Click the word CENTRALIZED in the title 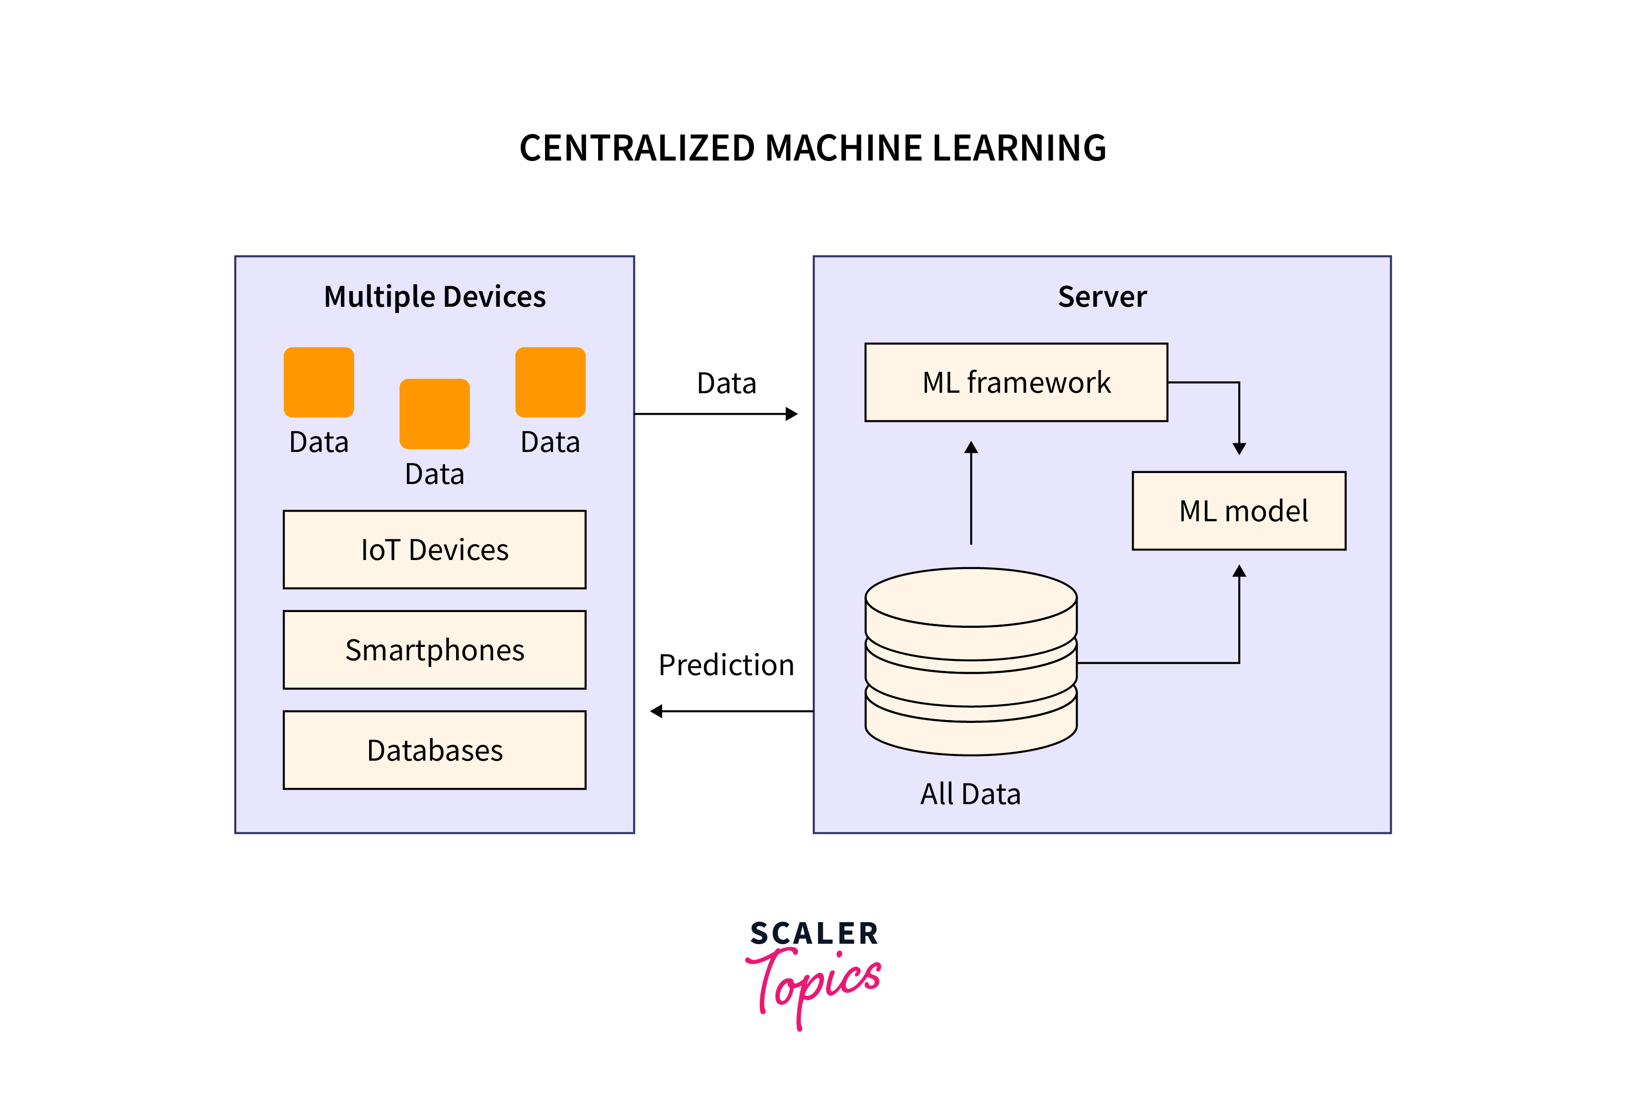click(x=637, y=149)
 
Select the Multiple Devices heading click(x=434, y=297)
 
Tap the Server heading click(x=1102, y=297)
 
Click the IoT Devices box click(x=434, y=549)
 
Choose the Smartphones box click(x=434, y=650)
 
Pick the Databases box click(x=434, y=750)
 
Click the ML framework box click(x=1016, y=382)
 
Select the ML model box click(x=1239, y=510)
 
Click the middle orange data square click(x=434, y=414)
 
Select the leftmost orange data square click(x=318, y=382)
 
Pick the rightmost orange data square click(x=550, y=382)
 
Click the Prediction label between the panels click(x=726, y=665)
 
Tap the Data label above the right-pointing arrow click(x=726, y=384)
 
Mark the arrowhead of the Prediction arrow click(x=656, y=711)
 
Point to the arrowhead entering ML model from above click(x=1239, y=449)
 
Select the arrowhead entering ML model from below click(x=1239, y=571)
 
